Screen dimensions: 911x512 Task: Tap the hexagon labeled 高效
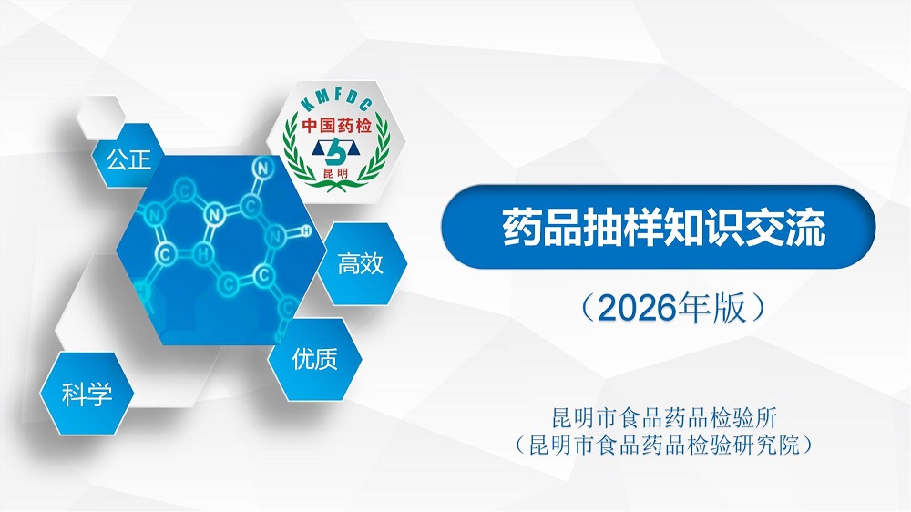point(361,263)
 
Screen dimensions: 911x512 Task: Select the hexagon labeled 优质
point(314,359)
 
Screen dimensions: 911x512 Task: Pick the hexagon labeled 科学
point(87,394)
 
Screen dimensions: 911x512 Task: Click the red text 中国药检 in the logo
point(336,126)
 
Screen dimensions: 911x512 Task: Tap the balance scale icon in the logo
point(336,152)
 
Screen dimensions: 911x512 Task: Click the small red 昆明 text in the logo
point(336,173)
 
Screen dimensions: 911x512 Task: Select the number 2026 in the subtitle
point(639,308)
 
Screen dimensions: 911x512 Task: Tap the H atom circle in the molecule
point(306,230)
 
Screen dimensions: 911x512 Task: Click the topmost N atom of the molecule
point(263,169)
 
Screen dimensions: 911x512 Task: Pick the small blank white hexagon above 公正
point(100,118)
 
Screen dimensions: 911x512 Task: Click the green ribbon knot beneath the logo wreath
point(335,187)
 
